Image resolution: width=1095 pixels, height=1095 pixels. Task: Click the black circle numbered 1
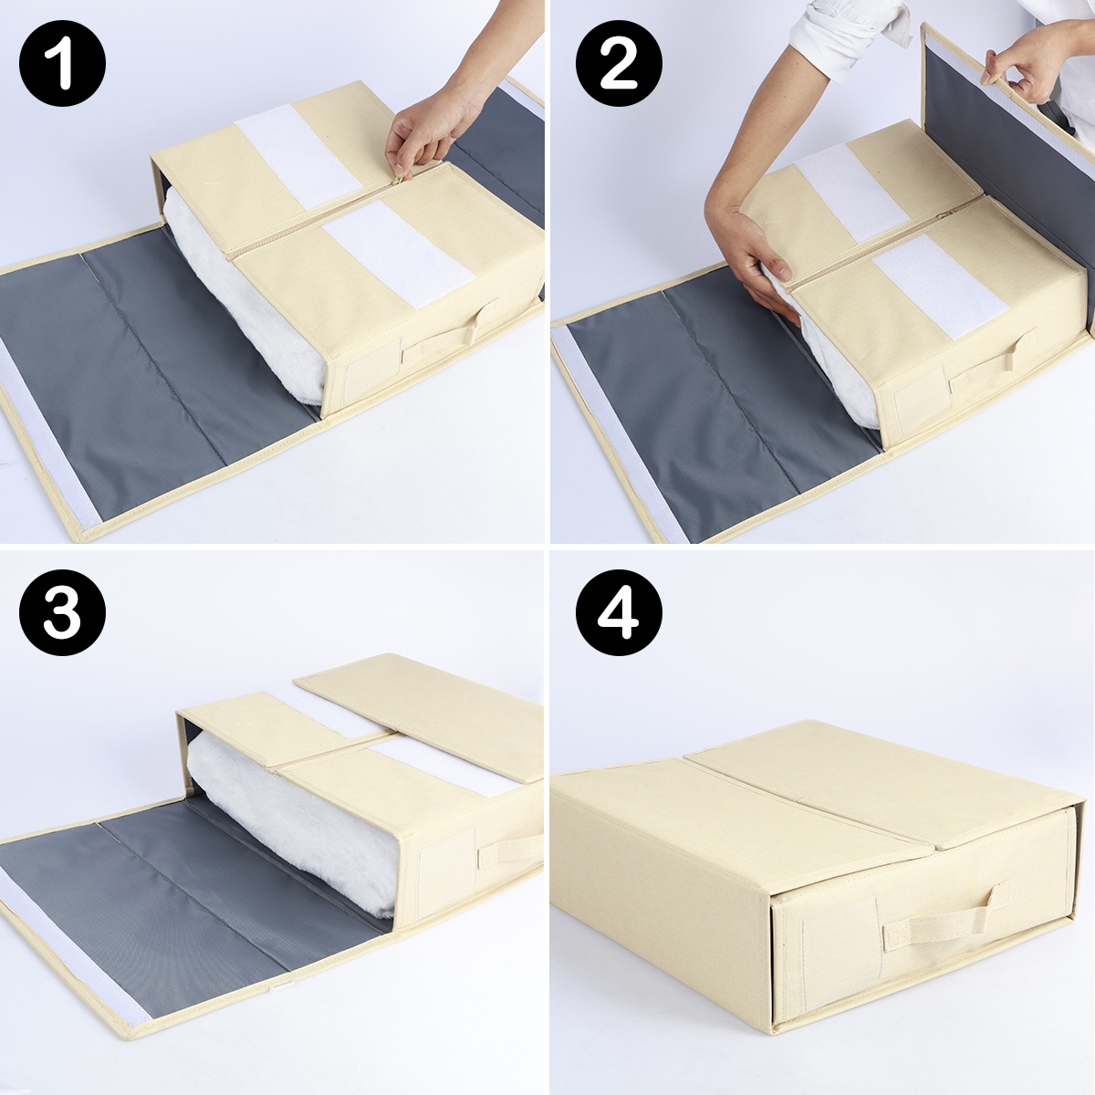63,63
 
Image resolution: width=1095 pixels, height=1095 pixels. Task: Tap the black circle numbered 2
619,63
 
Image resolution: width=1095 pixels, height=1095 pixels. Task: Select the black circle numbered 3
63,612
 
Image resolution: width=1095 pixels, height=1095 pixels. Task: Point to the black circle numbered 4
619,612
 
